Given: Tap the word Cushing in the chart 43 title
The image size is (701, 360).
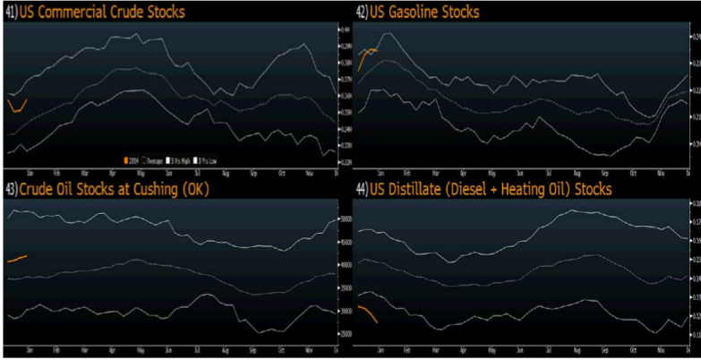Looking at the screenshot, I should point(133,190).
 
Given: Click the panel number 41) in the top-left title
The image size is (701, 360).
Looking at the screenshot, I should point(12,12).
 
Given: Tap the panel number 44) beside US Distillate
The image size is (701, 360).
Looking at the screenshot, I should point(362,190).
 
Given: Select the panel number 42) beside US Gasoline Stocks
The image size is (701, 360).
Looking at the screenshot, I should point(362,12).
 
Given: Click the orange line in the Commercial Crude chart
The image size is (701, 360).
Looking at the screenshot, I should point(17,108).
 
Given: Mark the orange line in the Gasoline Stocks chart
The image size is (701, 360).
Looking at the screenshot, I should point(366,56).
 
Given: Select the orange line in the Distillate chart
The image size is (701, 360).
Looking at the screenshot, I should point(369,313).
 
